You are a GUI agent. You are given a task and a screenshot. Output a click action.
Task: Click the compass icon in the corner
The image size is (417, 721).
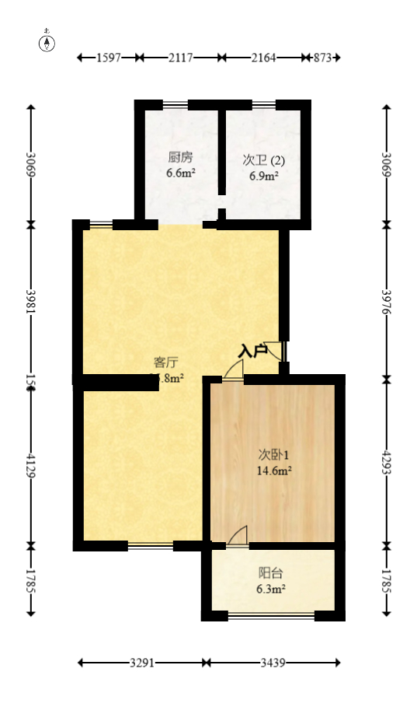coord(47,42)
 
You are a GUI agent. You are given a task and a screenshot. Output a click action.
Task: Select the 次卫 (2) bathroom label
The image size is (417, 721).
coord(264,160)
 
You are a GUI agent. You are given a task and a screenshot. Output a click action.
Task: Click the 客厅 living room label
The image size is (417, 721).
coord(166,362)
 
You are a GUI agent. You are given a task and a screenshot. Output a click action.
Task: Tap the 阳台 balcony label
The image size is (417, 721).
coord(271,573)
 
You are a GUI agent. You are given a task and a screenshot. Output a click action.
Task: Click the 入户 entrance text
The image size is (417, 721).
coord(252,351)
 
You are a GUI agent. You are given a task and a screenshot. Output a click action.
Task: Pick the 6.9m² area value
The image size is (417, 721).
coord(264,177)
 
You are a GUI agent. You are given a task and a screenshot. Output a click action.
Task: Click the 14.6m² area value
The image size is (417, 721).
coord(273,471)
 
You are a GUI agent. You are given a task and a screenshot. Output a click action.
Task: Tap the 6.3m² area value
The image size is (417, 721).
coord(272,590)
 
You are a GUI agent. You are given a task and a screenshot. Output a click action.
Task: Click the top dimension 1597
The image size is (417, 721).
coord(109,58)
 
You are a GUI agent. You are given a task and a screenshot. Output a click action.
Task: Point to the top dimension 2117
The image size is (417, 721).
coord(180,58)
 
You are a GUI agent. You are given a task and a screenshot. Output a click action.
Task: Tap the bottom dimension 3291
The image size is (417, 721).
coord(141,663)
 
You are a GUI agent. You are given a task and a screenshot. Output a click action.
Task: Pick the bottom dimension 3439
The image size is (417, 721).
coord(273,663)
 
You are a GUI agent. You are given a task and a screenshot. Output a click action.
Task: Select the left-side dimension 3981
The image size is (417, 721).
coord(31,303)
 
